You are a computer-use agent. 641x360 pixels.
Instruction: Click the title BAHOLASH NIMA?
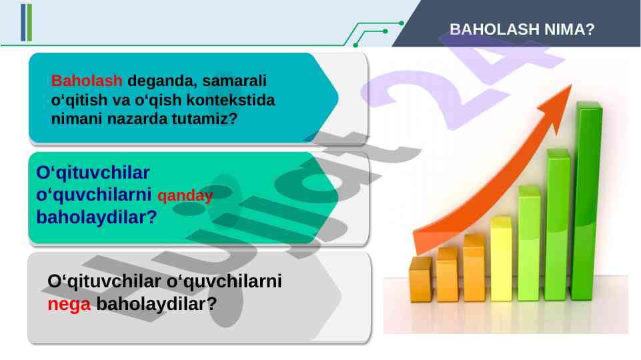[x=522, y=29]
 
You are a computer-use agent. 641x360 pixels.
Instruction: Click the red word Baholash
[x=87, y=81]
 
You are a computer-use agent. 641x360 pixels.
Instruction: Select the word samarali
[x=234, y=81]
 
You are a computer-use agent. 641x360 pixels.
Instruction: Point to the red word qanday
[x=185, y=196]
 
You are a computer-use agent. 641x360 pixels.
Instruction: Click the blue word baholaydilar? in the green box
[x=97, y=217]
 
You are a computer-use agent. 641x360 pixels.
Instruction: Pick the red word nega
[x=69, y=305]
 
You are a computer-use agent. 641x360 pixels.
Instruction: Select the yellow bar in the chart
[x=501, y=259]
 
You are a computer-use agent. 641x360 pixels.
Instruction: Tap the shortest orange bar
[x=420, y=279]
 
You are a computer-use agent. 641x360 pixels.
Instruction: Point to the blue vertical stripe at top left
[x=23, y=23]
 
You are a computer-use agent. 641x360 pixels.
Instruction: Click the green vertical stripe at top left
[x=29, y=23]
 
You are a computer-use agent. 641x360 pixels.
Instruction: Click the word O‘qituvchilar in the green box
[x=93, y=173]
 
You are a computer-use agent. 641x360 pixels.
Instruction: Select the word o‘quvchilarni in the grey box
[x=224, y=281]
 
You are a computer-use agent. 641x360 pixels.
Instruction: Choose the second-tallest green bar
[x=558, y=225]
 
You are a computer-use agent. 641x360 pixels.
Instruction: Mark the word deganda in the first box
[x=163, y=81]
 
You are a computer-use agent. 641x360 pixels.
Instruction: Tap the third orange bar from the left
[x=474, y=267]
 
